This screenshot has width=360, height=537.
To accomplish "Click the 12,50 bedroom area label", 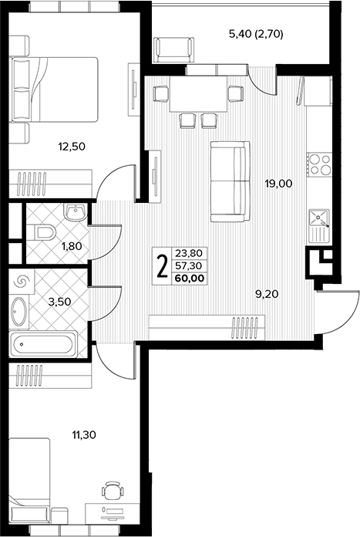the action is (x=72, y=147).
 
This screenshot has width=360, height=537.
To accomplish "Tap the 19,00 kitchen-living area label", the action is (x=278, y=184).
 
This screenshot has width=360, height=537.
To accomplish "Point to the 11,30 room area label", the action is (x=83, y=435).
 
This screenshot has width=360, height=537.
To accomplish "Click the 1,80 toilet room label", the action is (x=72, y=246).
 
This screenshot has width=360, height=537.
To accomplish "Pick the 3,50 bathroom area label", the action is (x=59, y=302).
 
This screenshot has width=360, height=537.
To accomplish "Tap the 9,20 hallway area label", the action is (x=267, y=293).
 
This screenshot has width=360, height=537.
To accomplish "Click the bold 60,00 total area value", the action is (x=189, y=278).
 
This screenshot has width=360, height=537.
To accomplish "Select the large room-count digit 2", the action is (x=162, y=266).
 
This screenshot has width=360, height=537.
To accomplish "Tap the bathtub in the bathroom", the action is (x=43, y=344).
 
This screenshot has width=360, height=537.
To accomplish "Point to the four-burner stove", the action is (x=320, y=164).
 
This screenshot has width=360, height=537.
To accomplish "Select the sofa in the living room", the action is (x=230, y=181).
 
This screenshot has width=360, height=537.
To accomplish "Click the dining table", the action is (x=198, y=95).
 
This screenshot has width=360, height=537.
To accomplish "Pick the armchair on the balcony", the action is (x=173, y=49).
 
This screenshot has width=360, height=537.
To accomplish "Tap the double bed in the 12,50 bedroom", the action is (x=55, y=89).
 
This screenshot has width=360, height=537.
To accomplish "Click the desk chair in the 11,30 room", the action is (x=112, y=491).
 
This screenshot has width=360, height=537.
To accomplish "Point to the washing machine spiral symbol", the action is (x=20, y=282).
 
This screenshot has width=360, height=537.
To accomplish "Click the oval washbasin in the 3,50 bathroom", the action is (x=19, y=312).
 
